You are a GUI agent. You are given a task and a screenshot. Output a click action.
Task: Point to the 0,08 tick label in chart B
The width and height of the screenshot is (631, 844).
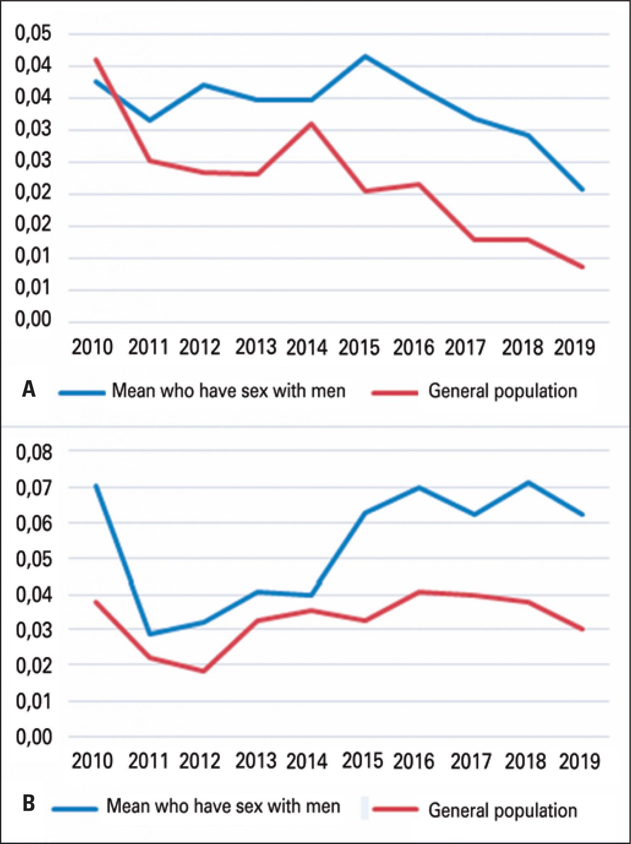(x=34, y=452)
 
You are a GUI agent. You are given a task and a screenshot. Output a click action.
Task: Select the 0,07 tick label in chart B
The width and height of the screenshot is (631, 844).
(x=34, y=488)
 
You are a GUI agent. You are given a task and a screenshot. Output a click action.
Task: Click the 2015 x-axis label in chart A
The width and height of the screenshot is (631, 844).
(x=359, y=347)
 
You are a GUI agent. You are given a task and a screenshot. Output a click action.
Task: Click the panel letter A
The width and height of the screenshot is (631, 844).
(x=29, y=389)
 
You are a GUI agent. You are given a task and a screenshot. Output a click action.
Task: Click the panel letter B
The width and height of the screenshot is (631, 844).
(x=28, y=803)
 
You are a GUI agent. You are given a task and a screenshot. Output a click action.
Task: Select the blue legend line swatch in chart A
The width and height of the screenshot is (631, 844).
(x=82, y=393)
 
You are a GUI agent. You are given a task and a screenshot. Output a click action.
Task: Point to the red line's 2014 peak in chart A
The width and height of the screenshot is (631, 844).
(x=311, y=123)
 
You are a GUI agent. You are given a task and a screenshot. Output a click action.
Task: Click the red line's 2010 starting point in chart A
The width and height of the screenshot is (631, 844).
(x=96, y=59)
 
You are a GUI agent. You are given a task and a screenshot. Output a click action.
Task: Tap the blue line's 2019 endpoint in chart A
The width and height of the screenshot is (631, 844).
(x=582, y=190)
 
